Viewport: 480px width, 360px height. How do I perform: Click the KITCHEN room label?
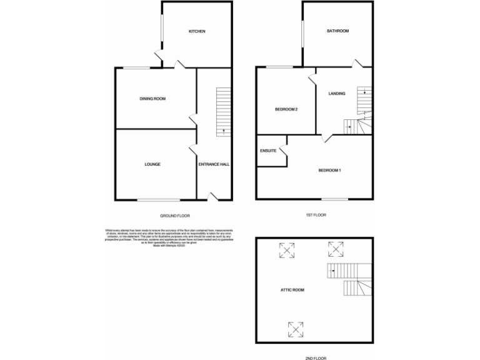(197, 31)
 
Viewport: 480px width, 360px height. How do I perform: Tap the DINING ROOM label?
(152, 99)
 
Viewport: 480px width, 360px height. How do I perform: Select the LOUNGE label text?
(152, 164)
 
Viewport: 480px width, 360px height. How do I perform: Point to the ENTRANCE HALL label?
(214, 164)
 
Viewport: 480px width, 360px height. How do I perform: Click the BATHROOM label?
(337, 31)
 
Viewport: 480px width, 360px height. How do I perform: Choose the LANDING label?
(337, 94)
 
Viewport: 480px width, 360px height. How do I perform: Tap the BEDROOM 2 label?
(286, 109)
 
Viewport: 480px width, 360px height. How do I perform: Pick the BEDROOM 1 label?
(329, 170)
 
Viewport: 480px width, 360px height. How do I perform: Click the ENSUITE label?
(268, 151)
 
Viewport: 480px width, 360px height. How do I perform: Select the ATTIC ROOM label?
(293, 290)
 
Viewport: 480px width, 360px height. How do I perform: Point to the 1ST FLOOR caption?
(316, 214)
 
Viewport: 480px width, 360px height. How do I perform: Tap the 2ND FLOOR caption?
(316, 358)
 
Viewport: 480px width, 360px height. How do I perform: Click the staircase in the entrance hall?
(224, 112)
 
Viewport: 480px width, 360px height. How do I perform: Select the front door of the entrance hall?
(212, 197)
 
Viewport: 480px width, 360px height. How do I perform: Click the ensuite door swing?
(282, 151)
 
